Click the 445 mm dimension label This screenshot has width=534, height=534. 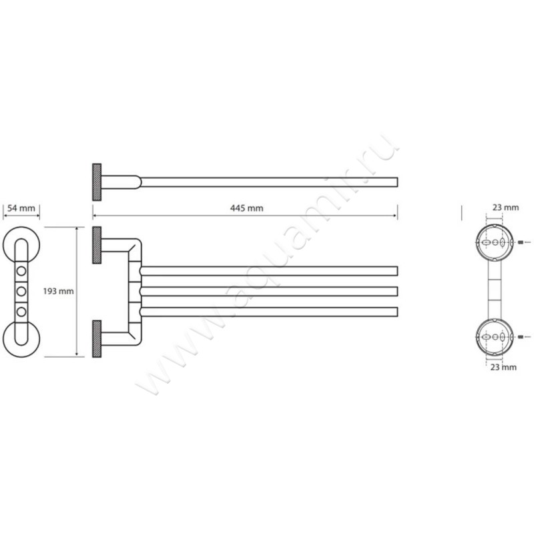pyautogui.click(x=246, y=208)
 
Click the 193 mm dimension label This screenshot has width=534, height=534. pyautogui.click(x=58, y=291)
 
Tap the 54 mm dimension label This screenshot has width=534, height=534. pyautogui.click(x=21, y=208)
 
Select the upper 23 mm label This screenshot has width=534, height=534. pyautogui.click(x=506, y=208)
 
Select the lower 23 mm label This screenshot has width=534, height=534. pyautogui.click(x=503, y=367)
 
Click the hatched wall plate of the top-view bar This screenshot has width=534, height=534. pyautogui.click(x=97, y=182)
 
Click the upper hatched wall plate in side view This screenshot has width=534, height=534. pyautogui.click(x=97, y=245)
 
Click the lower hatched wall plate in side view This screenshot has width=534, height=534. pyautogui.click(x=97, y=339)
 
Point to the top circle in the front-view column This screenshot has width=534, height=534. pyautogui.click(x=21, y=271)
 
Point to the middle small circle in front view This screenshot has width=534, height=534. pyautogui.click(x=21, y=291)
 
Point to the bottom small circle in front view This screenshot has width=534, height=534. pyautogui.click(x=21, y=312)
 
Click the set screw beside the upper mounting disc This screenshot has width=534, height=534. pyautogui.click(x=520, y=242)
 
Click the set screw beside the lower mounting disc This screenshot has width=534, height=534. pyautogui.click(x=520, y=337)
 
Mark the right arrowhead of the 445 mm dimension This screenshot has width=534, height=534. pyautogui.click(x=396, y=216)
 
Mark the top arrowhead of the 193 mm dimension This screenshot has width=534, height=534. pyautogui.click(x=77, y=229)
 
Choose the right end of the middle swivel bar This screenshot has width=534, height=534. pyautogui.click(x=397, y=292)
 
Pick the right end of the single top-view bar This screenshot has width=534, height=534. pyautogui.click(x=397, y=182)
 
